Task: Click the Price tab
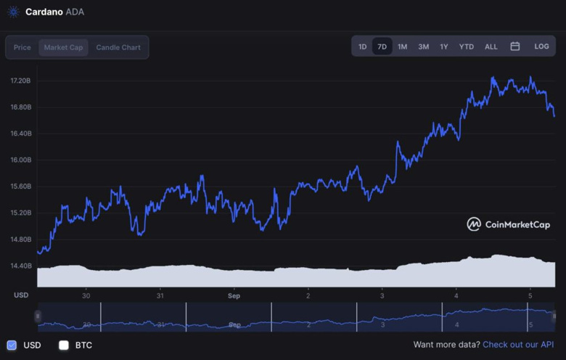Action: click(x=22, y=47)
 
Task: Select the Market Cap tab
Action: click(x=63, y=47)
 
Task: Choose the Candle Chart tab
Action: click(x=118, y=47)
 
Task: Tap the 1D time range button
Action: click(x=363, y=46)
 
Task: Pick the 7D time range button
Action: click(x=382, y=46)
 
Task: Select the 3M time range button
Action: click(x=424, y=46)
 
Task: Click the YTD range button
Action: click(x=467, y=46)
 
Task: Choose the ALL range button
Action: click(x=491, y=46)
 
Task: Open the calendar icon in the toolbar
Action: click(x=515, y=46)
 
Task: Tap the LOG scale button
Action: click(x=542, y=46)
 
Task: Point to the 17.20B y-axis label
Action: click(x=20, y=81)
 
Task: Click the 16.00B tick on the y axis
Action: click(x=20, y=160)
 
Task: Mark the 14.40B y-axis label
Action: click(x=20, y=266)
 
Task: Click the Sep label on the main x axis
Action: click(x=234, y=295)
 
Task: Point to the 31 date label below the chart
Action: click(x=160, y=295)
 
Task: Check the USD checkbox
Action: click(x=12, y=345)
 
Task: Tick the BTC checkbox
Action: click(x=64, y=345)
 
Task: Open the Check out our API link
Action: click(x=518, y=345)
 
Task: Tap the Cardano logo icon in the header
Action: click(x=13, y=12)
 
